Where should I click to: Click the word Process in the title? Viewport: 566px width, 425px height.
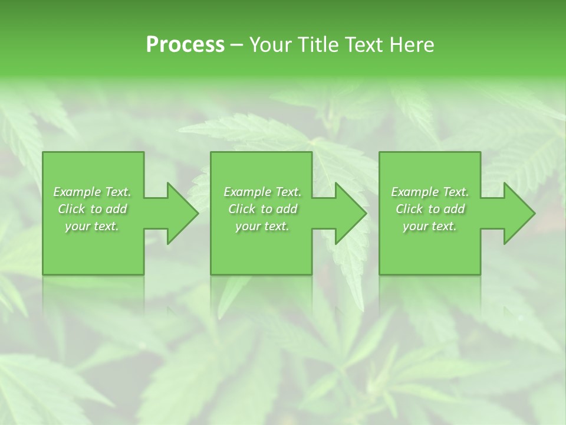click(x=185, y=45)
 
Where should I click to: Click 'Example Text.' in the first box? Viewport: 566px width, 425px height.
click(x=93, y=192)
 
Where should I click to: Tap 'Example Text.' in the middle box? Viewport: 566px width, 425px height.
click(x=262, y=192)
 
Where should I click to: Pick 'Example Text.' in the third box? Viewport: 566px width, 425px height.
click(x=430, y=192)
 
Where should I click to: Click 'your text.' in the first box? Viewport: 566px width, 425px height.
click(x=93, y=226)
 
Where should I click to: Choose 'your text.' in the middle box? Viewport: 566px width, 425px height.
click(x=262, y=226)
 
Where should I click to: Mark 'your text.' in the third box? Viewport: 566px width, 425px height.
click(x=430, y=226)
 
